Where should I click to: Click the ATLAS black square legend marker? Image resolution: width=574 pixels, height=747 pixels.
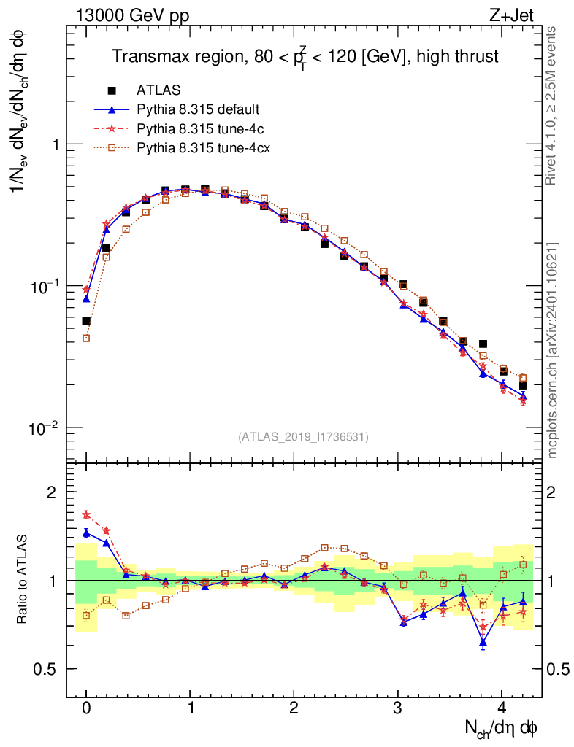112,91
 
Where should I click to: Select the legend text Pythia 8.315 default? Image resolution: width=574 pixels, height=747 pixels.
199,110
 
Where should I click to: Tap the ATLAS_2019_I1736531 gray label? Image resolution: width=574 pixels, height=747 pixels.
303,436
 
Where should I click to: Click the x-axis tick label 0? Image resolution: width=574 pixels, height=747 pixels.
86,708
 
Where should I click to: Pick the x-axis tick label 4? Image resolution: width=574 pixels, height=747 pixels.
502,708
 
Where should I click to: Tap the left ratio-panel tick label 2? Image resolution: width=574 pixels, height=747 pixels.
52,492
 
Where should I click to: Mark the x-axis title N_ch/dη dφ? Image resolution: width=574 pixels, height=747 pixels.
502,727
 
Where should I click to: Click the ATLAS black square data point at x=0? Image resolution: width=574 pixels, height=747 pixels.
86,321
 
